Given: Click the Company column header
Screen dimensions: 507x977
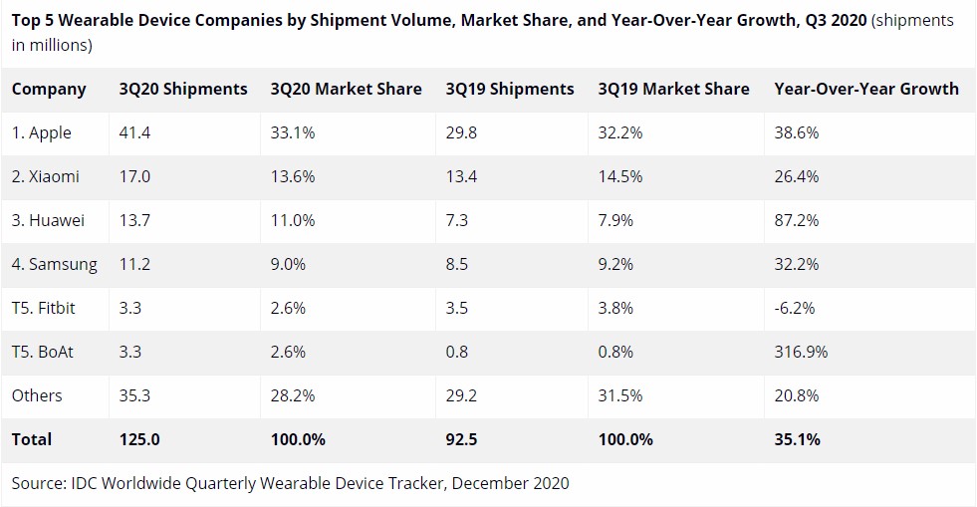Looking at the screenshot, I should [49, 89].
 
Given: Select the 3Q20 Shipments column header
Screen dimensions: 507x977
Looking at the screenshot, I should [182, 89].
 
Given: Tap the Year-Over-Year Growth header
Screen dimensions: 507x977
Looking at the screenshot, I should [865, 89].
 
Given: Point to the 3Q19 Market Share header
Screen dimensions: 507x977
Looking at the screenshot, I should [673, 89].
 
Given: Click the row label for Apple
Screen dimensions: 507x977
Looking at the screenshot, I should [42, 132].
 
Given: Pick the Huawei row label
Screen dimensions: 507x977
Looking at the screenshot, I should [48, 220].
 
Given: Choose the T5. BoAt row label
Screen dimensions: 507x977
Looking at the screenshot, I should [44, 352].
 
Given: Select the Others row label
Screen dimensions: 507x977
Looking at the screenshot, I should [37, 395].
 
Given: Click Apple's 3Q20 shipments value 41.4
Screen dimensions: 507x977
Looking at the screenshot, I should [133, 132].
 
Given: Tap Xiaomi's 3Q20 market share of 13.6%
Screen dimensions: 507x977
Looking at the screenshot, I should [293, 176].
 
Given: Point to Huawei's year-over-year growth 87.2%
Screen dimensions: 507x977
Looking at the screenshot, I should [797, 220].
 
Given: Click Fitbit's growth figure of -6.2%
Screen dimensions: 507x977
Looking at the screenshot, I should [795, 308].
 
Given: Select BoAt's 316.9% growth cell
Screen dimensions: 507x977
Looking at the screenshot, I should [801, 352].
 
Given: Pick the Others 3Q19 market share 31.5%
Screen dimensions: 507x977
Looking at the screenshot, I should [620, 395].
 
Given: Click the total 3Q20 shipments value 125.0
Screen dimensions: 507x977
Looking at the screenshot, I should [138, 439].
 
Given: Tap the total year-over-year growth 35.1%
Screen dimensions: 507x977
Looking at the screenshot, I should [797, 439].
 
